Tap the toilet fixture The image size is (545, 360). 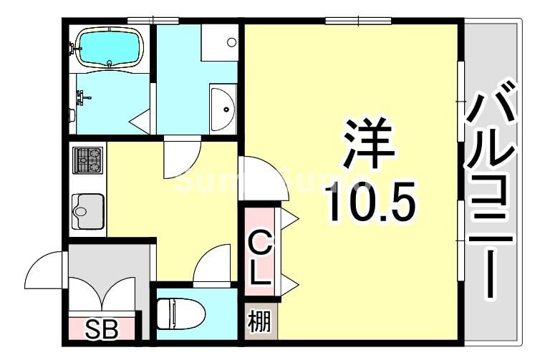point(179,313)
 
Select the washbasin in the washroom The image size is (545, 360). point(223,108)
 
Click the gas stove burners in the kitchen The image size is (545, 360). point(88,161)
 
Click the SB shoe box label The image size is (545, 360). point(102,329)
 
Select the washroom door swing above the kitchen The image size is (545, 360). point(182,157)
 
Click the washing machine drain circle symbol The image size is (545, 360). point(231,42)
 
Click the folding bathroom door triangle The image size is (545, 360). point(141,122)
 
